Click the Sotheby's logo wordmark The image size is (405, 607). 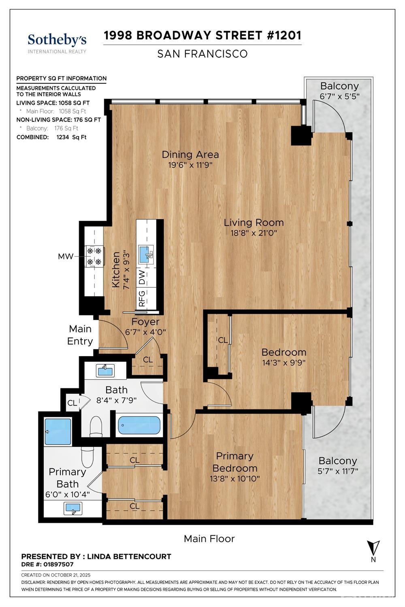click(x=57, y=40)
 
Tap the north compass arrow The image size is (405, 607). click(x=373, y=548)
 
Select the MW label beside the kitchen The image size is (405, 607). click(x=66, y=256)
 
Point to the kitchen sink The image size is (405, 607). click(x=146, y=254)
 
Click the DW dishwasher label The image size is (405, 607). click(x=142, y=277)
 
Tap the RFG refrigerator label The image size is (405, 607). click(x=142, y=298)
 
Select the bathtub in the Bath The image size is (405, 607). click(x=139, y=425)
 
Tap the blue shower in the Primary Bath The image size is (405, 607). click(x=58, y=432)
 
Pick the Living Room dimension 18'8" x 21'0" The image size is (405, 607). click(x=254, y=233)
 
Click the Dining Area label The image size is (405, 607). click(x=190, y=155)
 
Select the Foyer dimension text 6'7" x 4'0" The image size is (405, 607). click(x=145, y=332)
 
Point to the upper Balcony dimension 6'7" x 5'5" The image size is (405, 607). click(x=339, y=96)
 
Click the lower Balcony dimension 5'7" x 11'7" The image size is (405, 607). click(x=338, y=471)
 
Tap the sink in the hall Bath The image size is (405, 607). click(x=105, y=370)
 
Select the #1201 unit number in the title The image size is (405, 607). click(x=284, y=36)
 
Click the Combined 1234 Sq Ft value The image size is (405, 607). click(x=71, y=137)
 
